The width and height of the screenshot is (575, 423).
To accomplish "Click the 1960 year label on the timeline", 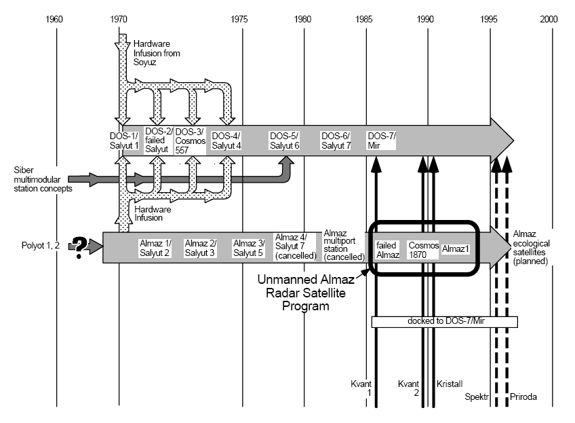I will tap(56, 19).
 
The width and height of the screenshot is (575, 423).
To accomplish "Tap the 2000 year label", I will tap(549, 19).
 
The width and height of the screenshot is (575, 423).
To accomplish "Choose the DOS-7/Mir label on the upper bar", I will tap(381, 141).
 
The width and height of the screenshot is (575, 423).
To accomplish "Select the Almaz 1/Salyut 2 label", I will tap(155, 248).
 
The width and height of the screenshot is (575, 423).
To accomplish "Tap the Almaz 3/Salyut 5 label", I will tap(248, 248).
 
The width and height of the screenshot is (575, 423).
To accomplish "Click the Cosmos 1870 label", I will tap(423, 249).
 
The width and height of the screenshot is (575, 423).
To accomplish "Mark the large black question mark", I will tap(83, 246).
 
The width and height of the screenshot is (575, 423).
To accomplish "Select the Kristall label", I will tap(450, 384).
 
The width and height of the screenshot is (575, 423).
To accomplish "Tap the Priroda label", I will tap(523, 395).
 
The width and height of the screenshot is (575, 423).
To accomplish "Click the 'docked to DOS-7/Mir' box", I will tap(444, 322).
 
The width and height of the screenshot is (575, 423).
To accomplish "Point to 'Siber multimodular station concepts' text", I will tap(42, 180).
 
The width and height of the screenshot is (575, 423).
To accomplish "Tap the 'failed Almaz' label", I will tap(387, 249).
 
